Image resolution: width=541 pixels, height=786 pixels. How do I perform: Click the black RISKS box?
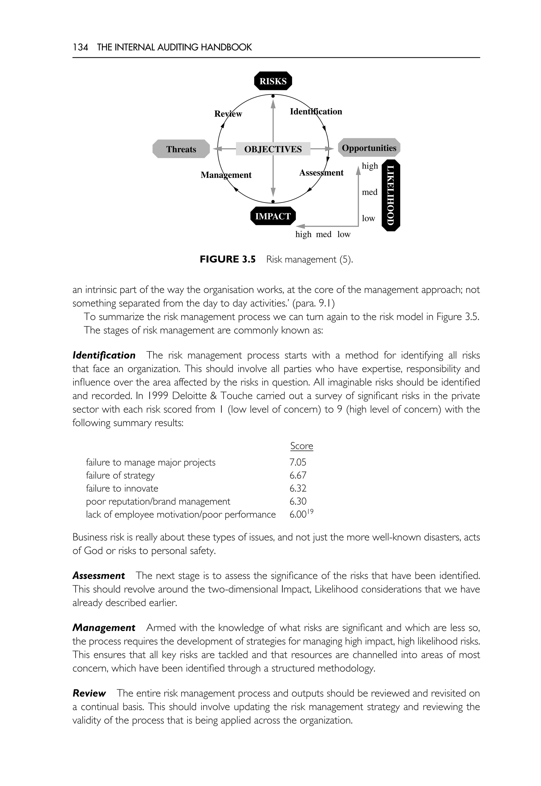(273, 81)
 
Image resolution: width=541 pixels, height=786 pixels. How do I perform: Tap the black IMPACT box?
(273, 216)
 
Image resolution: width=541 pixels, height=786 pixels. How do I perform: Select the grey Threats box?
(181, 149)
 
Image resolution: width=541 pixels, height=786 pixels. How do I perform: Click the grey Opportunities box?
(369, 148)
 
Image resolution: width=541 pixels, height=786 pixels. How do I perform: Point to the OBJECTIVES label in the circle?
(273, 149)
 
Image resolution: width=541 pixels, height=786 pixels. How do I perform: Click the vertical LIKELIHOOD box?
(391, 195)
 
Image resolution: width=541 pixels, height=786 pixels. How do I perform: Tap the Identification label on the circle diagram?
(316, 111)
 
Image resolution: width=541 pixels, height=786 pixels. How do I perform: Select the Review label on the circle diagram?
(228, 114)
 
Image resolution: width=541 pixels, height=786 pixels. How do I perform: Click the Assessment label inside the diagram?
(321, 172)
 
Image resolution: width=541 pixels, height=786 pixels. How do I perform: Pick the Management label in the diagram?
(226, 175)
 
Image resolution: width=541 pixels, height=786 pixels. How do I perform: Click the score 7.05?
(298, 462)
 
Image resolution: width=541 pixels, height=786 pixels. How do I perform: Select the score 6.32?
(298, 488)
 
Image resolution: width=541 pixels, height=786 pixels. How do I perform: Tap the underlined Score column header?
(301, 446)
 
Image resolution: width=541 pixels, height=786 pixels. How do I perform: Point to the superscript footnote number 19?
(310, 512)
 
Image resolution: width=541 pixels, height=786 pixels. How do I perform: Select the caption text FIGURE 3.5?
(227, 259)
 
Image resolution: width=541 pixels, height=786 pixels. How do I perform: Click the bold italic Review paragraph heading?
(89, 694)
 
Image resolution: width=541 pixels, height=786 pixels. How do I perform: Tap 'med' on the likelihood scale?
(370, 192)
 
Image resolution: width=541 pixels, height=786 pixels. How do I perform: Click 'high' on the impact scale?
(303, 234)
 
